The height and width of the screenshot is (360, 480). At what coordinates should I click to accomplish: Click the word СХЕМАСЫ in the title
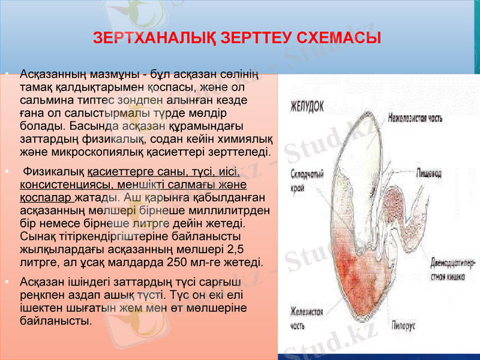[342, 38]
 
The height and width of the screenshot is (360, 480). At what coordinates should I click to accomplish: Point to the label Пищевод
[433, 173]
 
